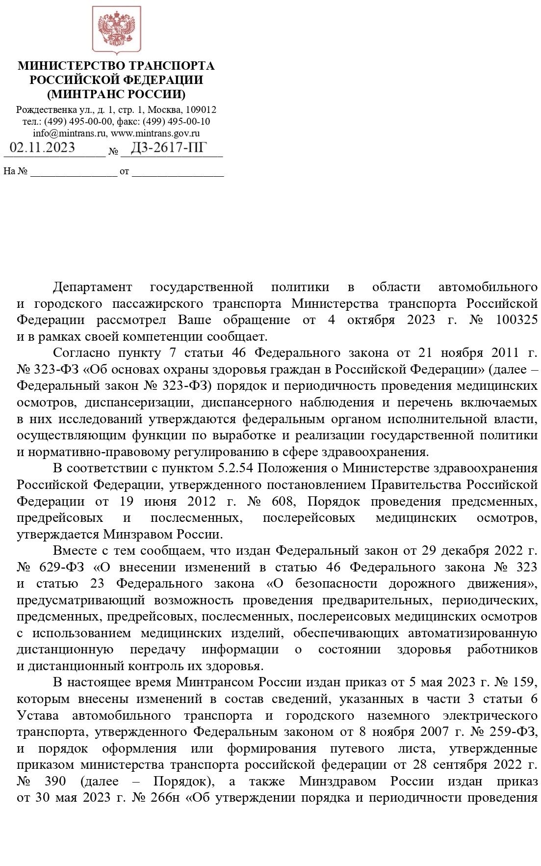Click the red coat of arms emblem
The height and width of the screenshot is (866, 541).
click(117, 29)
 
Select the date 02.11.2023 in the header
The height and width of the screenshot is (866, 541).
click(42, 148)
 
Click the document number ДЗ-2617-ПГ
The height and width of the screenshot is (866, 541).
click(169, 148)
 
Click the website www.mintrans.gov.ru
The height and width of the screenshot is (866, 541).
click(155, 133)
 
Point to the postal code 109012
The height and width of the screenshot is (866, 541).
click(201, 109)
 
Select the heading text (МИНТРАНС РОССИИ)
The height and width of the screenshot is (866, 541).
click(116, 94)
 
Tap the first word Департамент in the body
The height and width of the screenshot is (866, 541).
click(92, 287)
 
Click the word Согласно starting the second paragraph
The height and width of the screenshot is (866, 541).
click(79, 353)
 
